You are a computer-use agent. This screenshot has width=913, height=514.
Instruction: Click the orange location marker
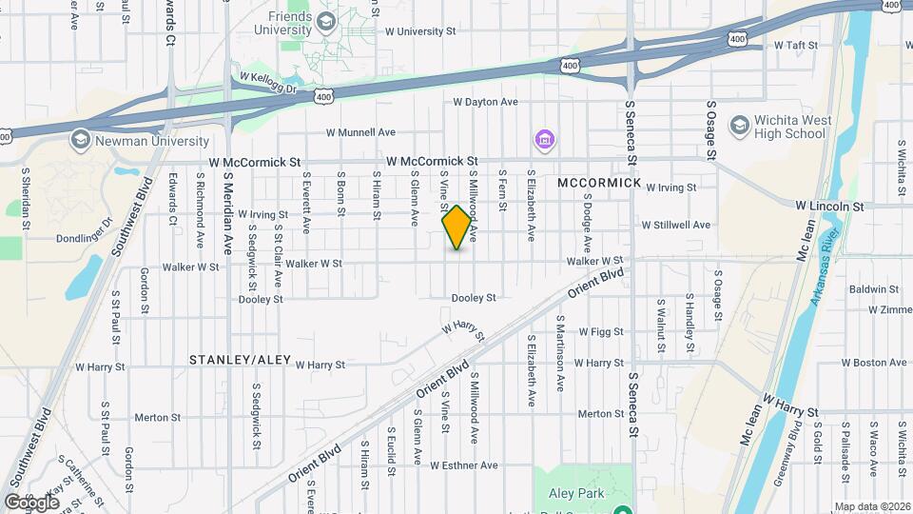pyautogui.click(x=456, y=227)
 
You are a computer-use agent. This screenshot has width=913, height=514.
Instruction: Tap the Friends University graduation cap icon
pyautogui.click(x=326, y=21)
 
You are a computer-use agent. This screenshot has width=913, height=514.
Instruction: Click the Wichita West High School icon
pyautogui.click(x=739, y=126)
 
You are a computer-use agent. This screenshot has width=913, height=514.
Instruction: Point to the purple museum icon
pyautogui.click(x=544, y=141)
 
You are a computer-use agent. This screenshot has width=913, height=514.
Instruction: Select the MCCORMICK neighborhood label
pyautogui.click(x=599, y=182)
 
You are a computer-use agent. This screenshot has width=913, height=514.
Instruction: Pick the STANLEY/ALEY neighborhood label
pyautogui.click(x=240, y=360)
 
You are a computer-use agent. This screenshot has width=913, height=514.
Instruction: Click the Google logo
pyautogui.click(x=31, y=502)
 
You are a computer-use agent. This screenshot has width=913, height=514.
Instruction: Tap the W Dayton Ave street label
pyautogui.click(x=485, y=102)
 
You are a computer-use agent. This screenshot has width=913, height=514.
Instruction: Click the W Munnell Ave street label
pyautogui.click(x=360, y=132)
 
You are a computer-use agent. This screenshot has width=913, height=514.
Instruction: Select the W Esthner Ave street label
pyautogui.click(x=463, y=465)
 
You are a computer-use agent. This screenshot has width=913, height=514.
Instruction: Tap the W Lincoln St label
pyautogui.click(x=828, y=206)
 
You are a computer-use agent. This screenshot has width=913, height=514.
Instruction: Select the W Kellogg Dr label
pyautogui.click(x=268, y=78)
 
